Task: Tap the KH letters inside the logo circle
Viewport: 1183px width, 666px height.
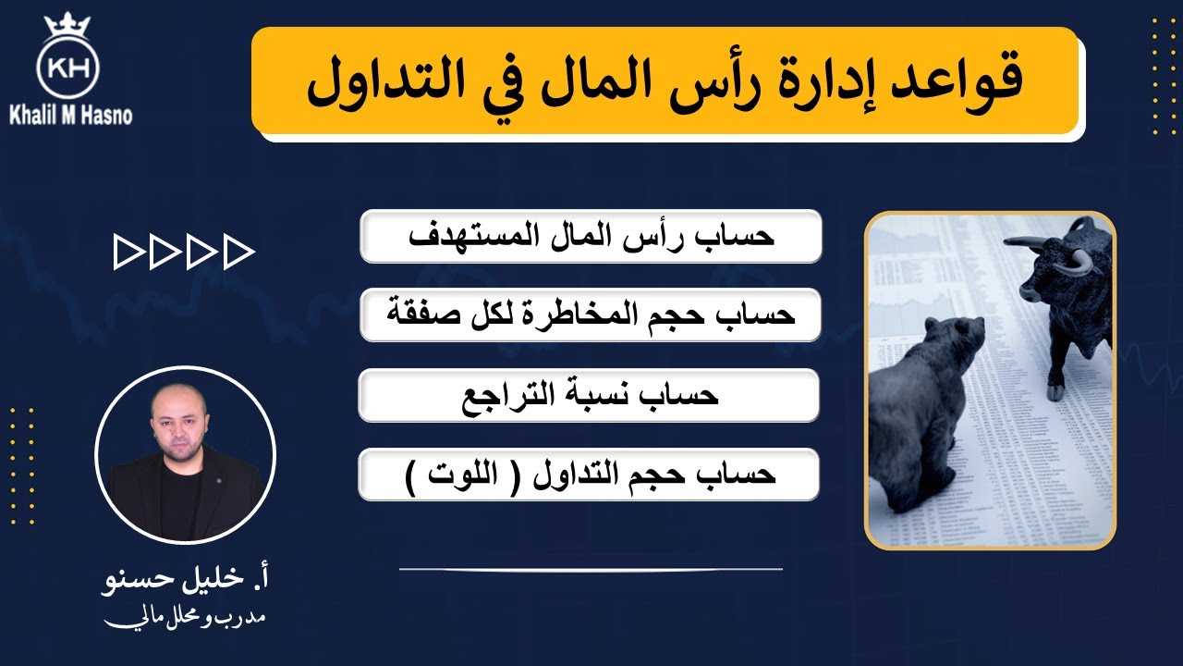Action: click(x=67, y=67)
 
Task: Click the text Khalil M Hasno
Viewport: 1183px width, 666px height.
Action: click(x=70, y=116)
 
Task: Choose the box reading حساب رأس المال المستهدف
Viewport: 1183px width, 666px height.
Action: click(x=590, y=236)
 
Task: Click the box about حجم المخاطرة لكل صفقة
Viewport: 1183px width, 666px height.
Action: click(x=590, y=315)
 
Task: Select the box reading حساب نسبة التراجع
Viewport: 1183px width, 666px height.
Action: click(x=590, y=395)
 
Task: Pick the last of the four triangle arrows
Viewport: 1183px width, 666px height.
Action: click(x=238, y=253)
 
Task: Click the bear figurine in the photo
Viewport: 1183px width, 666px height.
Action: click(x=924, y=407)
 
